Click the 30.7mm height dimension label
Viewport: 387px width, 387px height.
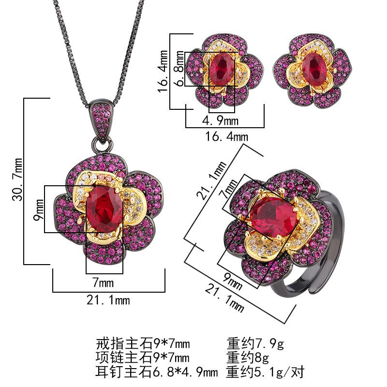17,179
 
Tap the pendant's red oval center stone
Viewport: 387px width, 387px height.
104,209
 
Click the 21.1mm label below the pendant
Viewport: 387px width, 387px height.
108,300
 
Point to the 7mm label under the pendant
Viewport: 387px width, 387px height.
103,283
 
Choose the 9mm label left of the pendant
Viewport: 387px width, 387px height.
39,209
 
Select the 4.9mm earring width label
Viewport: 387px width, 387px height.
221,120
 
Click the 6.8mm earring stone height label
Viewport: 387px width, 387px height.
180,69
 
